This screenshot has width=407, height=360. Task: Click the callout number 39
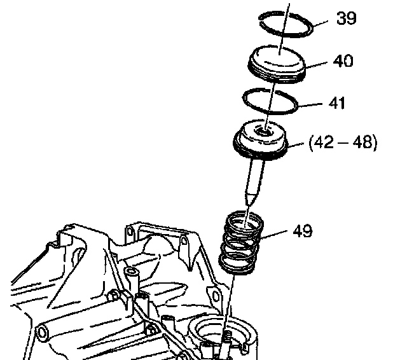(x=347, y=18)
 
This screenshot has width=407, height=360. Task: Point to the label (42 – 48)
(x=343, y=144)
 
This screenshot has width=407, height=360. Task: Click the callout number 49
(x=303, y=230)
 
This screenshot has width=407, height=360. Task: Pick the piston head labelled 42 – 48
(x=263, y=141)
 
